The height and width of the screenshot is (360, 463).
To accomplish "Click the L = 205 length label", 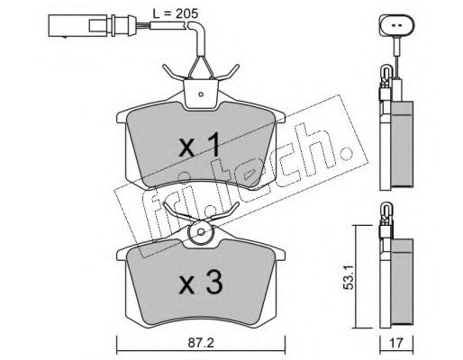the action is (176, 13).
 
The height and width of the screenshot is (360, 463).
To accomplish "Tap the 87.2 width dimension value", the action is (201, 343).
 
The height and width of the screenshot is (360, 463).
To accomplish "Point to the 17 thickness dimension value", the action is (396, 343).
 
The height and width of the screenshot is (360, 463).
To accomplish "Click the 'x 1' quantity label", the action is (200, 146).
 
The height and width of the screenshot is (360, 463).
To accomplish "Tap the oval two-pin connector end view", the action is (396, 26).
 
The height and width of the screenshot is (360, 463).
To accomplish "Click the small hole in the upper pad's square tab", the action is (201, 94).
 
